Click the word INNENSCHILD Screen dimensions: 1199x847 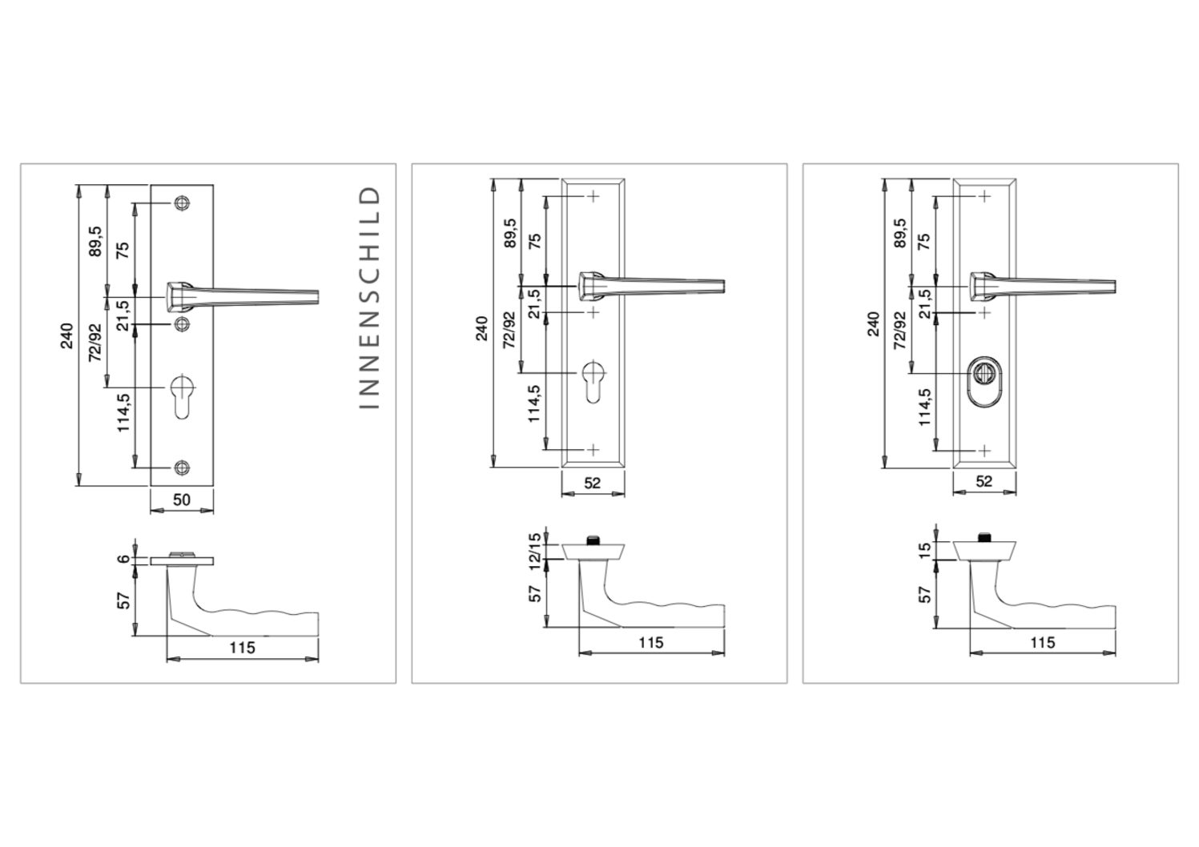tap(368, 298)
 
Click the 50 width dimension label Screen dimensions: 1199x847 tap(182, 500)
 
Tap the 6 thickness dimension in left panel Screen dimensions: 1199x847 tap(123, 559)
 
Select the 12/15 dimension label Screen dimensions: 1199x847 tap(535, 552)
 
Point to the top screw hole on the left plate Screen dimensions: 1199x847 tap(182, 203)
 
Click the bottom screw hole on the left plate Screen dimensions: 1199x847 tap(182, 467)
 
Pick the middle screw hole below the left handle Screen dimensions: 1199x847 tap(182, 323)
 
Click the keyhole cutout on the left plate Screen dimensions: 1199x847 tap(182, 397)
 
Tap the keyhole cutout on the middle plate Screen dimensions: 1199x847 tap(593, 382)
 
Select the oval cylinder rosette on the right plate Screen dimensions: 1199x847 tap(984, 379)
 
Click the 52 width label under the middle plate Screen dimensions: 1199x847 tap(593, 484)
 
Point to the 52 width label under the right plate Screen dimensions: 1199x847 tap(984, 482)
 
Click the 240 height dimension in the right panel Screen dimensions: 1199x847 tap(874, 323)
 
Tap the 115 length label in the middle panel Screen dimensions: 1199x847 tap(651, 643)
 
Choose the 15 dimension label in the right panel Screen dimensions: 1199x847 tap(925, 551)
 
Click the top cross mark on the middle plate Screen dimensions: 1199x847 tap(593, 196)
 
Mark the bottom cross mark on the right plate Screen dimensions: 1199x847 tap(985, 451)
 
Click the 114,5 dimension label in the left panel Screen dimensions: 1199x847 tap(123, 412)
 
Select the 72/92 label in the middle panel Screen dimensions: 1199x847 tap(509, 330)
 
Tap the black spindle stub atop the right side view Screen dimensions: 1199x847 tap(984, 538)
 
